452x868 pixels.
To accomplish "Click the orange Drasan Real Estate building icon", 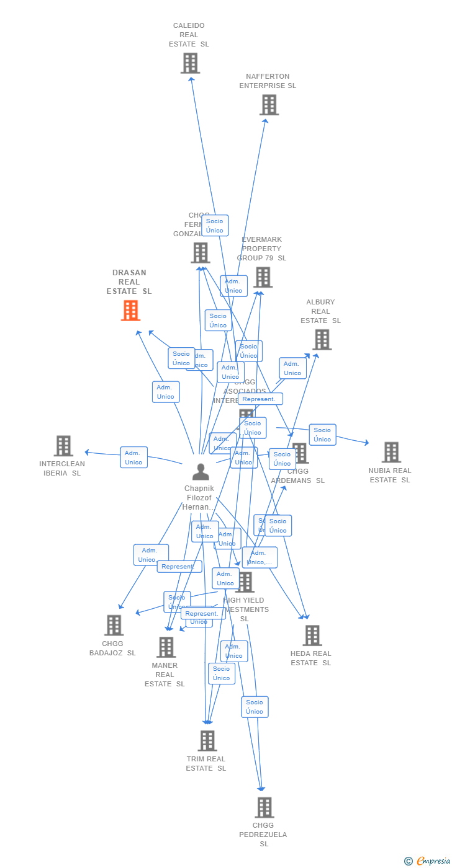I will tap(130, 310).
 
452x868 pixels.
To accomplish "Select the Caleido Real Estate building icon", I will tap(190, 63).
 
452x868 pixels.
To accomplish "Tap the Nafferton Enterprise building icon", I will tap(269, 105).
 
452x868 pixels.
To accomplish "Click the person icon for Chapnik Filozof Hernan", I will tap(201, 472).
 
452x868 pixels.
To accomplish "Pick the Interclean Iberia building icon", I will tap(63, 446).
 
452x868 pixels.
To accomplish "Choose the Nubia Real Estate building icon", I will tap(391, 452).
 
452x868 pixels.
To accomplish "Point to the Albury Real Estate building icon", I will tap(322, 339).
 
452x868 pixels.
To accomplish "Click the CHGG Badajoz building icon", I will tap(114, 625).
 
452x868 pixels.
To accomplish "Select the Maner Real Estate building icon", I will tap(166, 647).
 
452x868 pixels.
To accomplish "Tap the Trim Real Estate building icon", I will tap(207, 740).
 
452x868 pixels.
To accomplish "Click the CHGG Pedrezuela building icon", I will tap(264, 807).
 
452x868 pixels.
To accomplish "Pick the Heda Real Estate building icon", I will tap(312, 635).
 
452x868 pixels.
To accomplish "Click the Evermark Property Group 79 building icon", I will tap(263, 277).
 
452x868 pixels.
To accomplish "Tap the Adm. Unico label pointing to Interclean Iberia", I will tap(133, 458).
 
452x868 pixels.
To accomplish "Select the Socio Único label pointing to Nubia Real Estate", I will tap(322, 435).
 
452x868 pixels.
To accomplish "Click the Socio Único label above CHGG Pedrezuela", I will tap(255, 707).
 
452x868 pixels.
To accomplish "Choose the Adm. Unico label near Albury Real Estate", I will tap(292, 368).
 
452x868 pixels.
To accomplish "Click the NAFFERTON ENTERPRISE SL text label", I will tap(268, 81).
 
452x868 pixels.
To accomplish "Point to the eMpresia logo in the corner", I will tap(432, 861).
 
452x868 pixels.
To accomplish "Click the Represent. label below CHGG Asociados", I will tap(260, 399).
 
